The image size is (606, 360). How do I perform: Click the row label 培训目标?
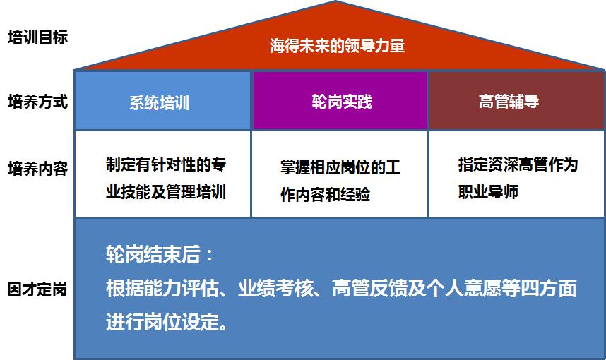[x=38, y=37]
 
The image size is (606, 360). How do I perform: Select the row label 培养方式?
[x=38, y=102]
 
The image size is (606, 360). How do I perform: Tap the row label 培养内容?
[x=38, y=169]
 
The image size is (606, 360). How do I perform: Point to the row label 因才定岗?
[x=37, y=289]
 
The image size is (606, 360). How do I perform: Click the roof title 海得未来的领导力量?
[x=338, y=46]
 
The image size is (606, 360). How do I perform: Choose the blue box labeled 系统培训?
[x=162, y=101]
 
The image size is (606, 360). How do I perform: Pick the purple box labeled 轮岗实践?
[x=340, y=100]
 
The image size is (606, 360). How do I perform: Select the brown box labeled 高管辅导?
[x=517, y=100]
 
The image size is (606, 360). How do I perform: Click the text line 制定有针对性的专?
[x=166, y=164]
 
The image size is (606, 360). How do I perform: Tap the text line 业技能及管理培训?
[x=166, y=192]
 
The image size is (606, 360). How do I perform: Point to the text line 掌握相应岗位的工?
[x=340, y=167]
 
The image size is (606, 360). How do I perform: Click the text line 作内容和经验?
[x=326, y=194]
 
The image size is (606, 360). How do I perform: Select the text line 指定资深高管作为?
[x=518, y=164]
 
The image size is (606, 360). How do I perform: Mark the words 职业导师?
[x=489, y=191]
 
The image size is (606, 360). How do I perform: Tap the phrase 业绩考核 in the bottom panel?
[x=276, y=288]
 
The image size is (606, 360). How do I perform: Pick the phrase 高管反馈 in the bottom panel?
[x=370, y=288]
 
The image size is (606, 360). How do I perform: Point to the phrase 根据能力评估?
[x=162, y=288]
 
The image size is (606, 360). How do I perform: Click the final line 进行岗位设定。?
[x=167, y=321]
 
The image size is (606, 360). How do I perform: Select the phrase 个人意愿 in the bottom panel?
[x=464, y=288]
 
